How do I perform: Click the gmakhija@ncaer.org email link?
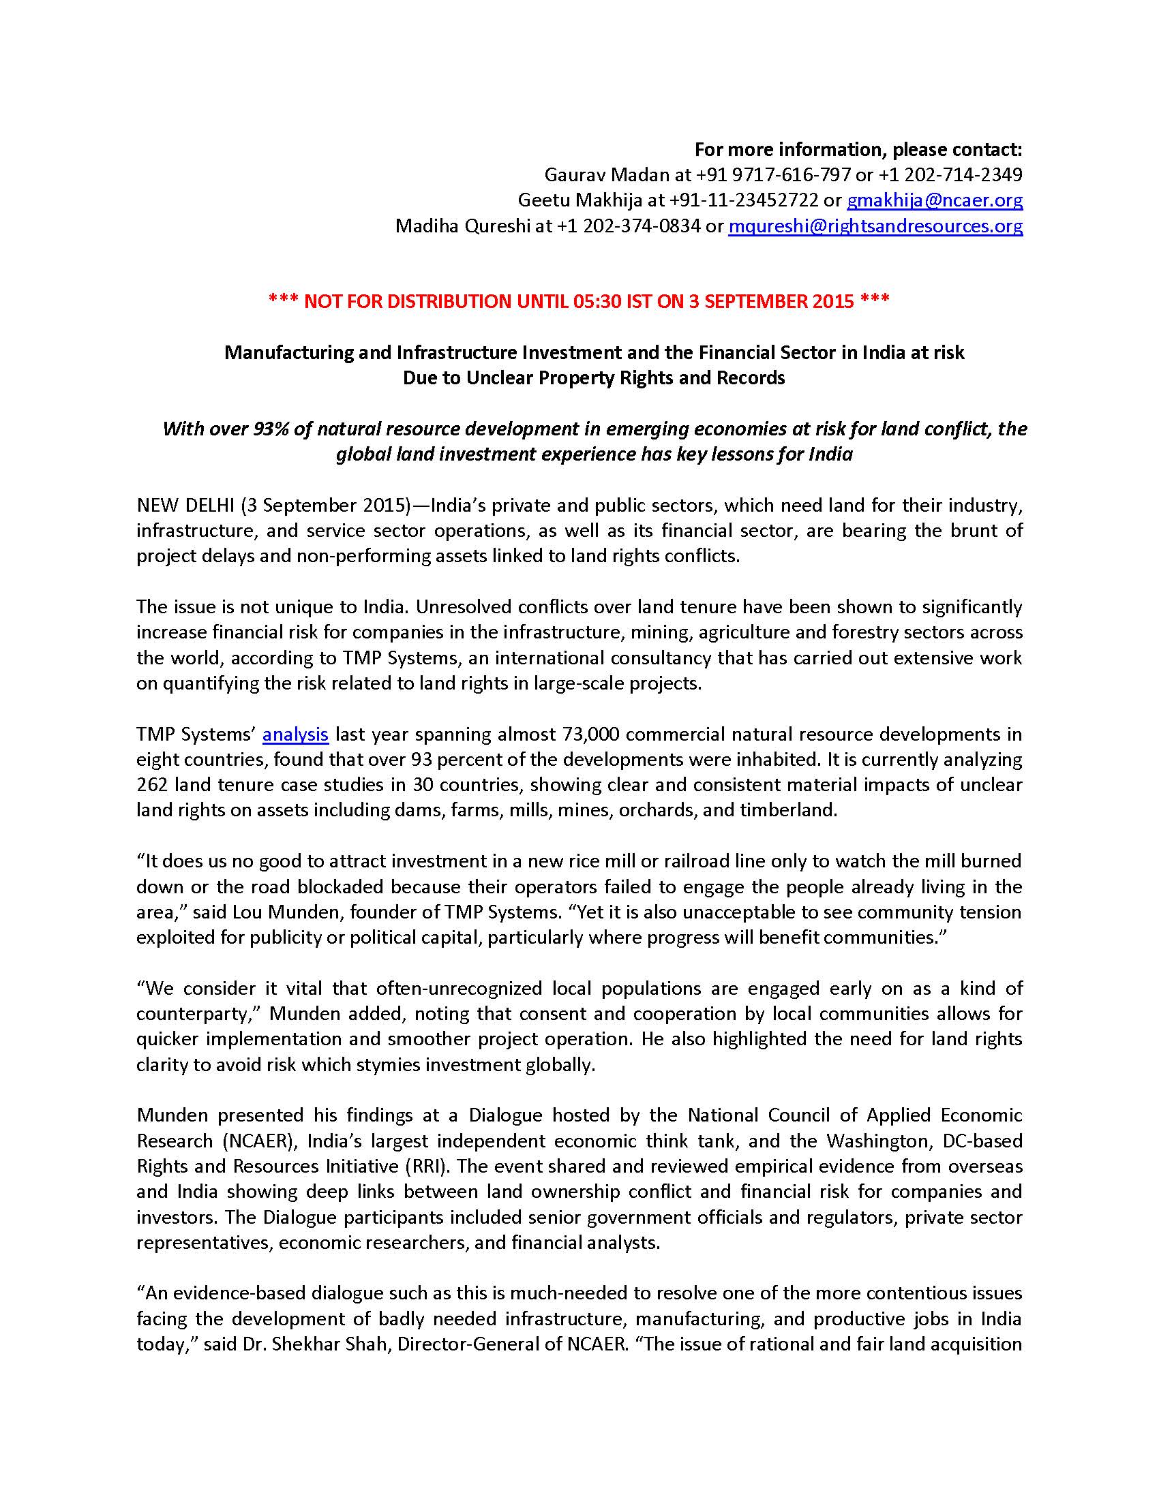coord(935,200)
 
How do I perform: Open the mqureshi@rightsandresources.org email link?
coord(875,225)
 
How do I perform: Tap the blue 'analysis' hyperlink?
coord(295,734)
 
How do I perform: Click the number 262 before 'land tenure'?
coord(152,784)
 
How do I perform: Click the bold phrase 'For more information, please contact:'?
coord(858,149)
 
